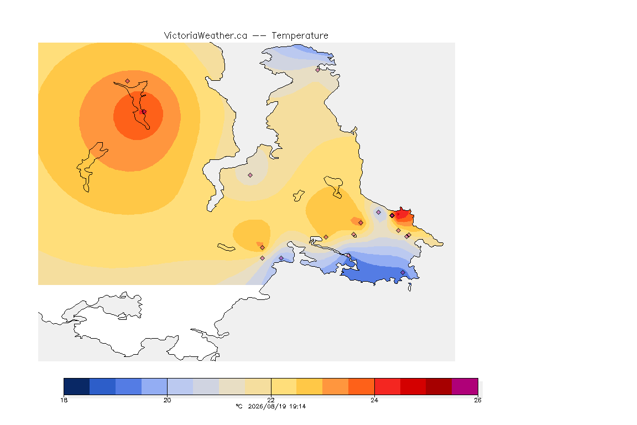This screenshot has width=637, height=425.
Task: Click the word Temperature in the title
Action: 300,36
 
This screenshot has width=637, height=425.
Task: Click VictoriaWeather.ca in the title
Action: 206,36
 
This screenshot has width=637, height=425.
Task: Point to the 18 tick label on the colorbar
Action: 64,400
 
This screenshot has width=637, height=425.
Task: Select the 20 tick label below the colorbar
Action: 168,400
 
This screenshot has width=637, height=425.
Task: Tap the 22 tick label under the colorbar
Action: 271,400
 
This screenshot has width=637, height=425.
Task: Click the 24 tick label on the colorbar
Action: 374,400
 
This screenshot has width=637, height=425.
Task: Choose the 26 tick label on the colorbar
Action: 478,400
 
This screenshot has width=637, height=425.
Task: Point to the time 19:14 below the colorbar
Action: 297,406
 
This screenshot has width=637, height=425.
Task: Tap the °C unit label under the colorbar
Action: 239,406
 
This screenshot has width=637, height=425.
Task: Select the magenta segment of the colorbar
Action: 464,386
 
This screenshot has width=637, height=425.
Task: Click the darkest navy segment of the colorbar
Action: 77,386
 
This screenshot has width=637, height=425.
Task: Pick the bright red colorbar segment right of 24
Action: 388,386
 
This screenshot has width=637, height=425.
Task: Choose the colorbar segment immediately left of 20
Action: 154,386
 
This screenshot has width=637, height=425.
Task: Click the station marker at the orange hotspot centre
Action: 144,111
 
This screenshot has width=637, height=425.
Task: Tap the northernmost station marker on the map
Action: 318,70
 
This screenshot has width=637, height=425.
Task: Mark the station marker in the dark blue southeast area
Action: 403,272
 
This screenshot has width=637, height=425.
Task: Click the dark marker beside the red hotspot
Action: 392,216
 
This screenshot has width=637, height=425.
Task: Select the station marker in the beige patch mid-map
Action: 250,175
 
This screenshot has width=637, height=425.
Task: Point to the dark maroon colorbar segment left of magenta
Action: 438,386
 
